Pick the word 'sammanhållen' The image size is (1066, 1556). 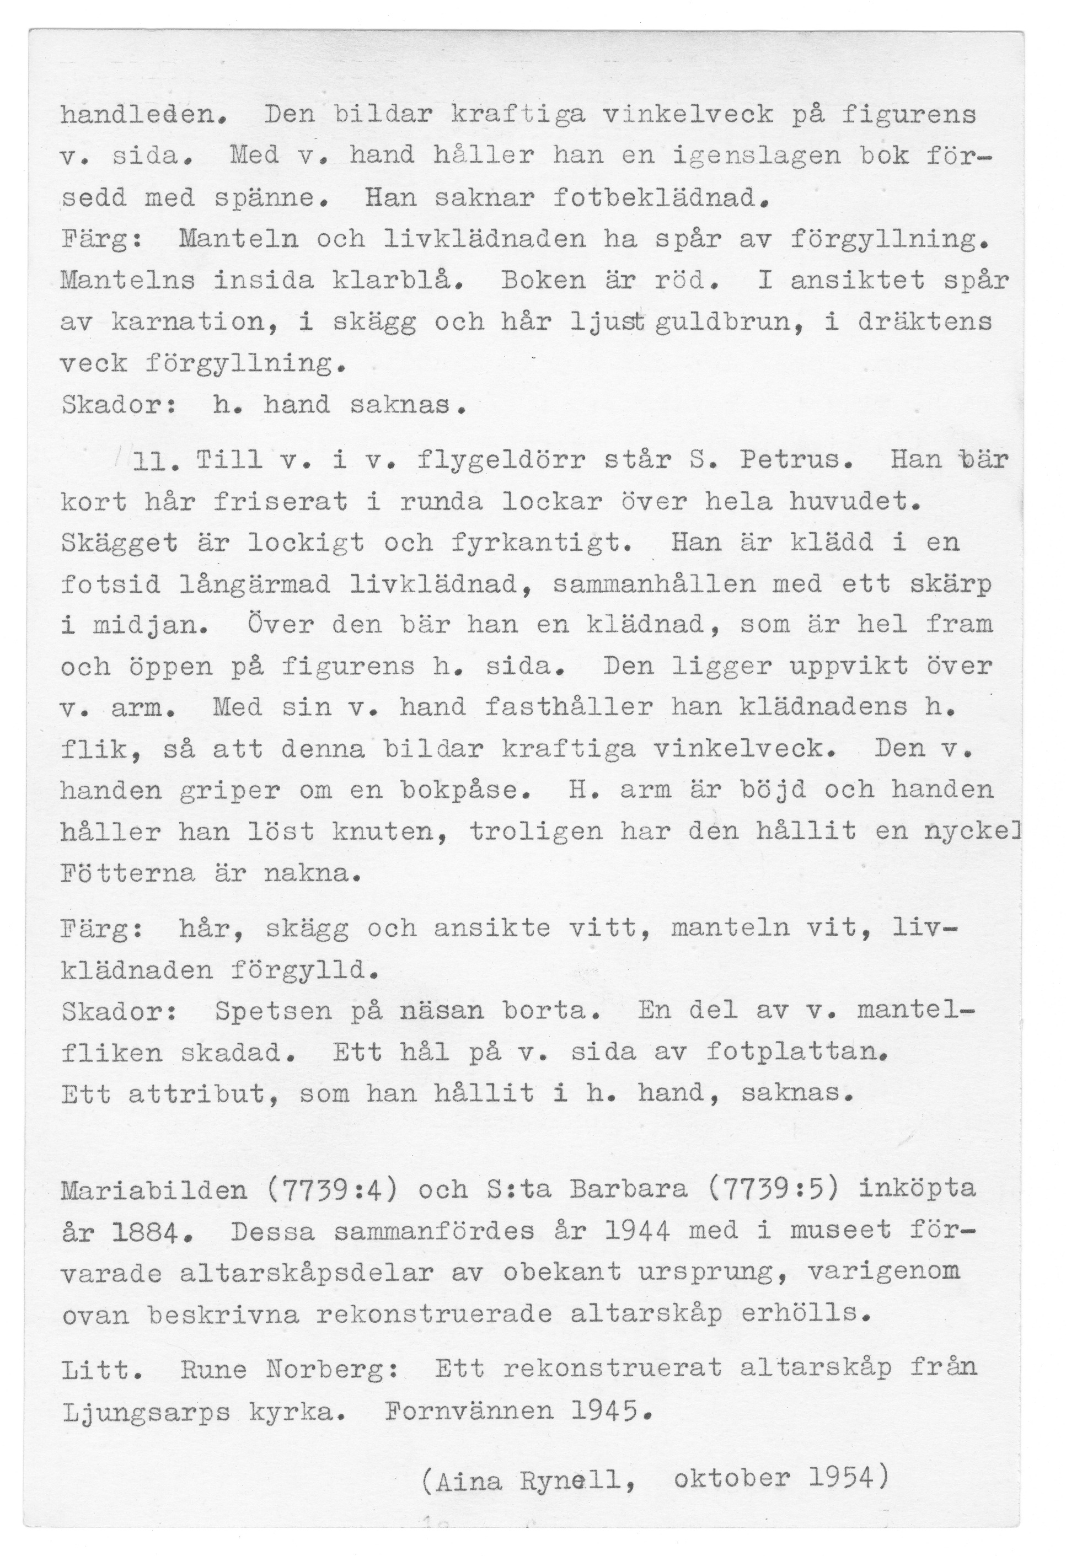pyautogui.click(x=653, y=584)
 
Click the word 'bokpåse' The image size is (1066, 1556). pyautogui.click(x=467, y=790)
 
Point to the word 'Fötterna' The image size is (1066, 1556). pyautogui.click(x=128, y=873)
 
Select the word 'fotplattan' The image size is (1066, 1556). pyautogui.click(x=797, y=1053)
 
